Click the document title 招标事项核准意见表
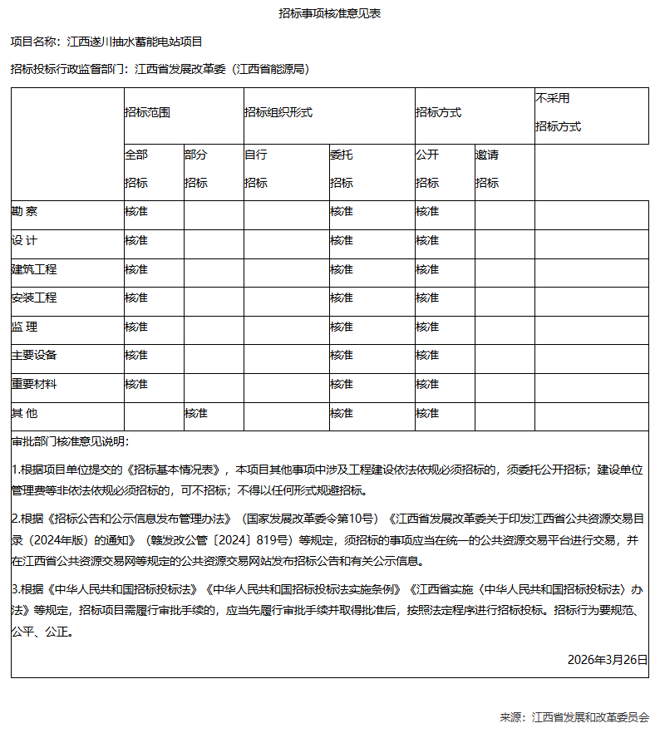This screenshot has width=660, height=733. click(329, 13)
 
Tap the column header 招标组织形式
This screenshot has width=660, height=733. click(278, 113)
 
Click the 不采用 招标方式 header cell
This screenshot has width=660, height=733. click(558, 113)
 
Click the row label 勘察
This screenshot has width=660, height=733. click(24, 212)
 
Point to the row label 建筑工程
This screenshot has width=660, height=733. click(34, 270)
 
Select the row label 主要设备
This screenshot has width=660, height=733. click(34, 356)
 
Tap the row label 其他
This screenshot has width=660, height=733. click(24, 413)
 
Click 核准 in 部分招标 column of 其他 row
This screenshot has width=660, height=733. click(195, 413)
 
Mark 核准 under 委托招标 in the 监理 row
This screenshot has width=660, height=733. click(341, 327)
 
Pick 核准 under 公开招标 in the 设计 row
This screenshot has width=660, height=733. click(427, 241)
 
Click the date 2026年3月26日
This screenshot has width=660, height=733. click(607, 659)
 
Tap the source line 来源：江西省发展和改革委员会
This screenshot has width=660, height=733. click(574, 717)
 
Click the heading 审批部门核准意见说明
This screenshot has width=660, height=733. click(71, 440)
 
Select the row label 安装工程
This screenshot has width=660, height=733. click(34, 298)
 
